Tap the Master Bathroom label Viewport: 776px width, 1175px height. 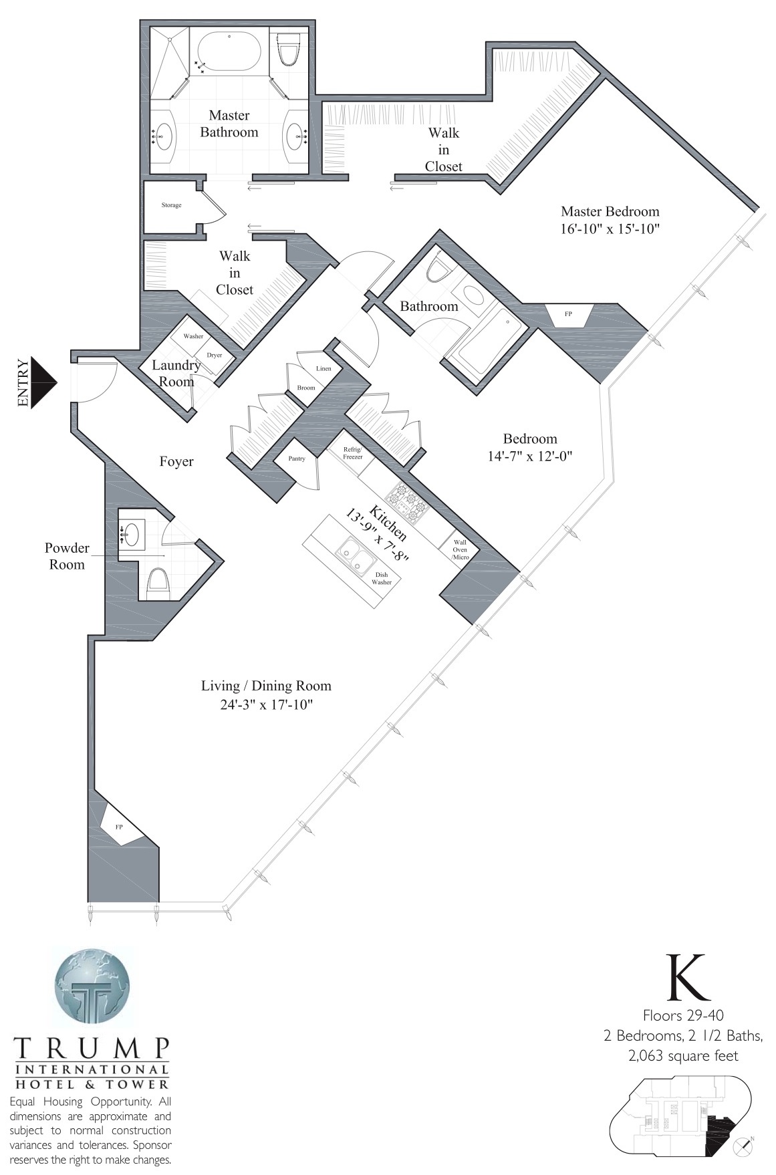pyautogui.click(x=229, y=124)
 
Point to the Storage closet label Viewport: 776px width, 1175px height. pyautogui.click(x=171, y=205)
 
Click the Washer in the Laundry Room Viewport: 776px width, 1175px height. pyautogui.click(x=194, y=336)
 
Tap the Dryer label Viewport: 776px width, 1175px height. pyautogui.click(x=214, y=355)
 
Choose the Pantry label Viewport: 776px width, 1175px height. pyautogui.click(x=297, y=459)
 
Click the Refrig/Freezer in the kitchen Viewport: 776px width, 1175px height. pyautogui.click(x=354, y=454)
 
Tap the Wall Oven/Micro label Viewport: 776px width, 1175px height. pyautogui.click(x=460, y=549)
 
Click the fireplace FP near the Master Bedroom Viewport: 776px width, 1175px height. pyautogui.click(x=568, y=313)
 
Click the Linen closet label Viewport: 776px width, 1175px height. pyautogui.click(x=324, y=369)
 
